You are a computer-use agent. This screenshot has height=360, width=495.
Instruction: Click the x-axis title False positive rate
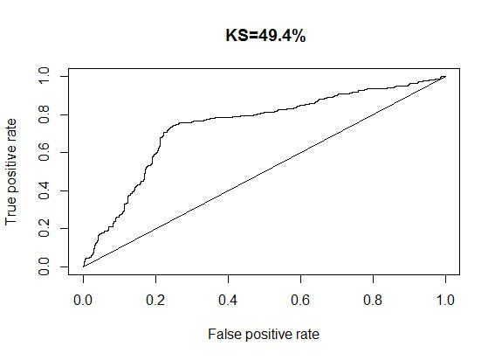265,334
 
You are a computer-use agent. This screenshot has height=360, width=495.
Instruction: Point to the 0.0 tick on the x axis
83,298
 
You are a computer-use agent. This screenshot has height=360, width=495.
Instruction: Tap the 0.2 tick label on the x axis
155,298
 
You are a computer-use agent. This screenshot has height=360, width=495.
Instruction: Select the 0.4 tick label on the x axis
228,298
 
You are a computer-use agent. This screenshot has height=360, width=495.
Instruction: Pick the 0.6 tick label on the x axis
300,298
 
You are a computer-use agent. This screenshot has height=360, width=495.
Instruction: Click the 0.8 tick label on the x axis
373,298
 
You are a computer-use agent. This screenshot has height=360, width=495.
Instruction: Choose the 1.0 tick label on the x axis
445,298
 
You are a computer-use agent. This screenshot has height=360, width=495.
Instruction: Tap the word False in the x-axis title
223,334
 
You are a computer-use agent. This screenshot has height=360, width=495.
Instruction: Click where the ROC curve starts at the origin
83,266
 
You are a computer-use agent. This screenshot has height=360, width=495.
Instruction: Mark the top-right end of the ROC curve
445,77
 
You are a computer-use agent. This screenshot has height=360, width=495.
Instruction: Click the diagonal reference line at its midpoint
265,171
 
